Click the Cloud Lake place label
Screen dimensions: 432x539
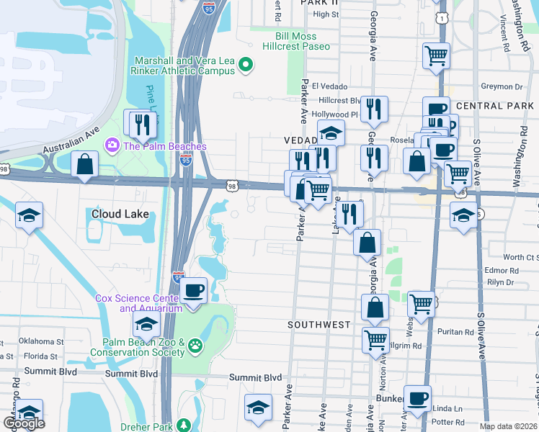coord(120,214)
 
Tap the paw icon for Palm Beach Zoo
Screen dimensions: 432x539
coord(195,347)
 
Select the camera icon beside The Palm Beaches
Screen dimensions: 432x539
coord(112,146)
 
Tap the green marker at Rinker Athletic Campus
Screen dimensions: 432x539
coord(246,66)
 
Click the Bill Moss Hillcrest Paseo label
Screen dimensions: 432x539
coord(302,41)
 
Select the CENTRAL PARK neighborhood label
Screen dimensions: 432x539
coord(494,106)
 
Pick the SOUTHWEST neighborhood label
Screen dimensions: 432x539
coord(318,325)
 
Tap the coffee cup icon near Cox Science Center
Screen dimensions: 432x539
coord(193,292)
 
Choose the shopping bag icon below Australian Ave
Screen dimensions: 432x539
coord(85,163)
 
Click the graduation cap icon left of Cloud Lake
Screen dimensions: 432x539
coord(29,215)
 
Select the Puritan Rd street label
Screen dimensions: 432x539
coord(455,333)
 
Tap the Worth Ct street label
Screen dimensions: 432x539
coord(519,257)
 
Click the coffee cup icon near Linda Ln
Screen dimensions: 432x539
coord(416,398)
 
